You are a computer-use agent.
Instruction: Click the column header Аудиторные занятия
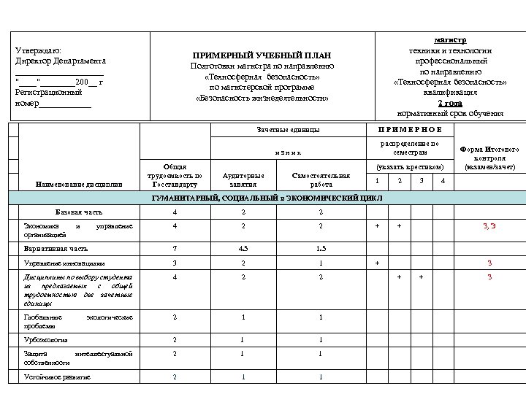[x=243, y=179]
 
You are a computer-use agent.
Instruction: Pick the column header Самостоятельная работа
[x=321, y=179]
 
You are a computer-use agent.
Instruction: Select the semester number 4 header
[x=443, y=180]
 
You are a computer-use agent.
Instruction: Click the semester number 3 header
[x=421, y=180]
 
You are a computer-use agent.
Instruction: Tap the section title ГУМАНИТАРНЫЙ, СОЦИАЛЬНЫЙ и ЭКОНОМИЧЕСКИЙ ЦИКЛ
[x=266, y=198]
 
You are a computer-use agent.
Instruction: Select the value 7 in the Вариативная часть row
[x=175, y=248]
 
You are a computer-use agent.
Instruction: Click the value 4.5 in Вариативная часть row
[x=243, y=248]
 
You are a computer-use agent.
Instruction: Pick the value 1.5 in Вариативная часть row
[x=321, y=248]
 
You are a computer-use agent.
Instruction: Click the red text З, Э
[x=489, y=226]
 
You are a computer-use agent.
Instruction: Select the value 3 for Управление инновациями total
[x=175, y=263]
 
